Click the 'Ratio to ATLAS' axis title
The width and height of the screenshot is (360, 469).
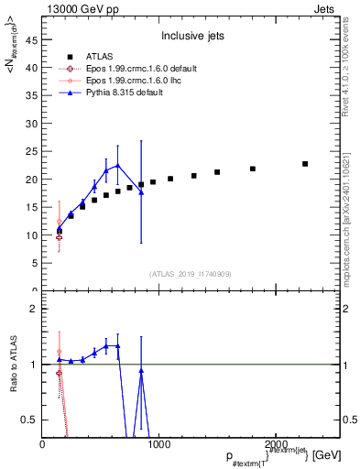[13, 364]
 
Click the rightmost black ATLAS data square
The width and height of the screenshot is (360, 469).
[305, 164]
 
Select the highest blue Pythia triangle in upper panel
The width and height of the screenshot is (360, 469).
[117, 164]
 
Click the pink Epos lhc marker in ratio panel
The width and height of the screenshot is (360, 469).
[60, 352]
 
